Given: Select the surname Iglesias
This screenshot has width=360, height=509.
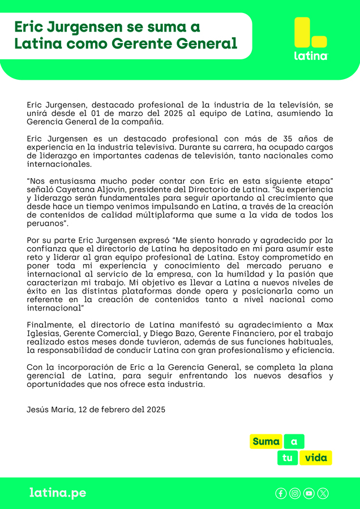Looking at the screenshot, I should [44, 334].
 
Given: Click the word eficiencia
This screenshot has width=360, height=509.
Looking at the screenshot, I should [311, 351].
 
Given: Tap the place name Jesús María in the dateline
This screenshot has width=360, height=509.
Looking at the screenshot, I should [50, 409].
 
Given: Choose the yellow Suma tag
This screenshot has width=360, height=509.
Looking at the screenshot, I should [266, 442].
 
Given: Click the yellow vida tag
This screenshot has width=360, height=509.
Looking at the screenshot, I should [316, 458].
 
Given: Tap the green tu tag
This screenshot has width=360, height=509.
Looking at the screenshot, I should [288, 458].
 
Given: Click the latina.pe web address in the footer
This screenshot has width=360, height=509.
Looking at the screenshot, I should [58, 493].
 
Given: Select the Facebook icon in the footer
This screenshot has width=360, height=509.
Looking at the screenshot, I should [281, 493].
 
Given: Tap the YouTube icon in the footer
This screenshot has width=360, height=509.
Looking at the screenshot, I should [309, 493].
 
